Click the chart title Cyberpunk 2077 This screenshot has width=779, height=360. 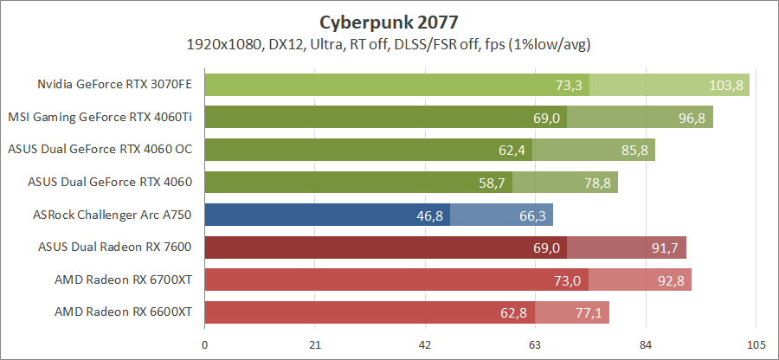pyautogui.click(x=389, y=21)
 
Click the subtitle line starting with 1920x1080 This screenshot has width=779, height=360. pyautogui.click(x=389, y=43)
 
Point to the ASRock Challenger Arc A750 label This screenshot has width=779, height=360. pyautogui.click(x=111, y=215)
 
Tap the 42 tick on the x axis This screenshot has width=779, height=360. pyautogui.click(x=425, y=345)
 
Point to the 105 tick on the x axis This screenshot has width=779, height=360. pyautogui.click(x=756, y=345)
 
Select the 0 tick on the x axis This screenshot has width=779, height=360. pyautogui.click(x=204, y=345)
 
